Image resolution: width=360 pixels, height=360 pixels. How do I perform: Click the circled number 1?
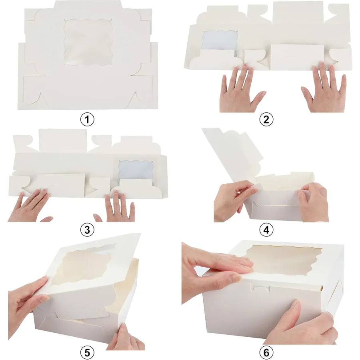coord(87,119)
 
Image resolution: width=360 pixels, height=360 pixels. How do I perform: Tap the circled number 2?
coord(266,119)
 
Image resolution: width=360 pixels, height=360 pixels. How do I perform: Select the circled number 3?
coord(87,230)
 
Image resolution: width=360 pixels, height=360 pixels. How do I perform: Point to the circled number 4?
coord(266,230)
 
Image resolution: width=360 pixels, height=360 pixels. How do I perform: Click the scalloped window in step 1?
coord(88,42)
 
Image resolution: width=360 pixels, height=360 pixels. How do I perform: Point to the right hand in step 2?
coord(324,88)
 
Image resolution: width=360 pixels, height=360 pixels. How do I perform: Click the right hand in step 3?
coord(117,208)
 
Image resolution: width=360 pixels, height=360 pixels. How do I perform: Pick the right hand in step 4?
coord(313,202)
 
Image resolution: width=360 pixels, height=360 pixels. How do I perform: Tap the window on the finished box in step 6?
coord(285,260)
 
